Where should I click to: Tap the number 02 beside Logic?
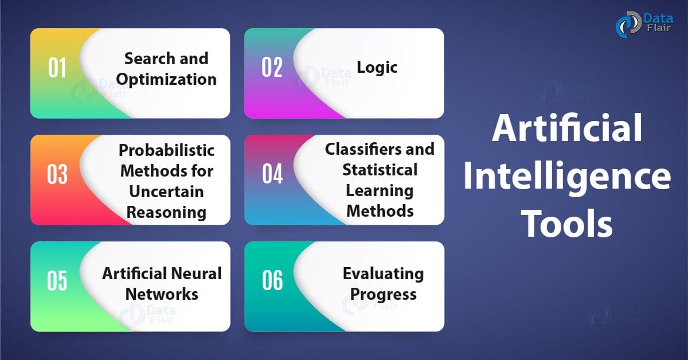[x=272, y=67]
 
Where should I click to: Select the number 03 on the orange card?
[x=57, y=174]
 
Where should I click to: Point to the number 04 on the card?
[x=272, y=174]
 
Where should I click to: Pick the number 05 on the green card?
[x=57, y=281]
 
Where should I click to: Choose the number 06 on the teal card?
[x=272, y=281]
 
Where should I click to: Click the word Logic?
[x=377, y=67]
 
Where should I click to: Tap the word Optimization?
[x=171, y=79]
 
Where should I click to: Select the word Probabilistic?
[x=167, y=150]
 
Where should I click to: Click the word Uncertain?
[x=166, y=191]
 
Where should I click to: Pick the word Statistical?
[x=380, y=170]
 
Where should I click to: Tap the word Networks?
[x=162, y=294]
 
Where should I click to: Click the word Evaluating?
[x=383, y=273]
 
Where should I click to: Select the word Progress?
[x=383, y=294]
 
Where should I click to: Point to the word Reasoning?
[x=166, y=212]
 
